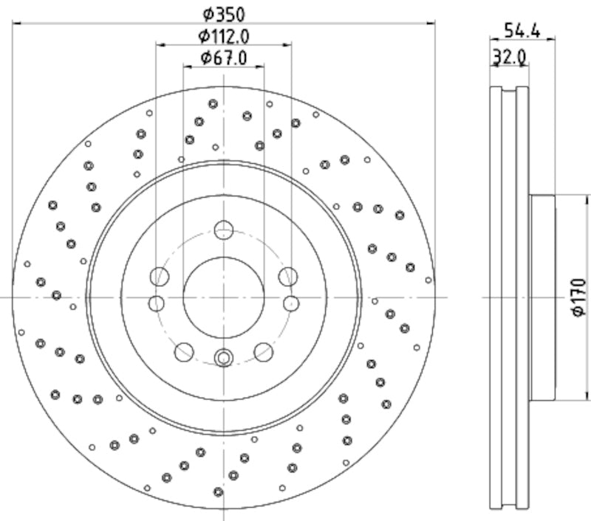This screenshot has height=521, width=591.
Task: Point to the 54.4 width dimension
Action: [522, 30]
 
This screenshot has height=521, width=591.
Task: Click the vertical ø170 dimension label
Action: [578, 297]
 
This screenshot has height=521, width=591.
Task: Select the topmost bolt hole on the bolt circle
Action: [224, 230]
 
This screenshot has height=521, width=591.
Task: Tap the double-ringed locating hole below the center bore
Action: [224, 359]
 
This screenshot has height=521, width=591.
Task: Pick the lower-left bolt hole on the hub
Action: [184, 352]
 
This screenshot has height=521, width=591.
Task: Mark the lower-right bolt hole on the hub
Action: [264, 352]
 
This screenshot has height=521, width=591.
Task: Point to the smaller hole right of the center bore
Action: [291, 303]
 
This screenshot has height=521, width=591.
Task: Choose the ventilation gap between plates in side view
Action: [509, 297]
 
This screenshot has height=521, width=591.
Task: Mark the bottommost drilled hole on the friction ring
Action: [218, 492]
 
